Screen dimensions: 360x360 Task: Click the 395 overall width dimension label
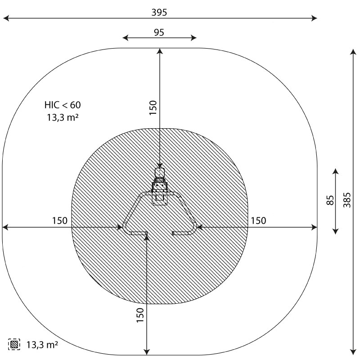[x=159, y=13]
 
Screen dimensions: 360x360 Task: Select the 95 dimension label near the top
[x=159, y=32]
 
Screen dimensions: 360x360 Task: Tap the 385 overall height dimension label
[x=347, y=200]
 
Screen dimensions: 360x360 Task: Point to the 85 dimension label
[x=330, y=200]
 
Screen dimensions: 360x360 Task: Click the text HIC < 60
[x=63, y=105]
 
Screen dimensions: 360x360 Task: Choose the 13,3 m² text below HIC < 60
[x=63, y=117]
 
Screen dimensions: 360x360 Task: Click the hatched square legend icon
[x=14, y=344]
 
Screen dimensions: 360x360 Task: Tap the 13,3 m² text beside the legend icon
[x=42, y=345]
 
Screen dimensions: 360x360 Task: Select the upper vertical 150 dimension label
[x=153, y=108]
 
